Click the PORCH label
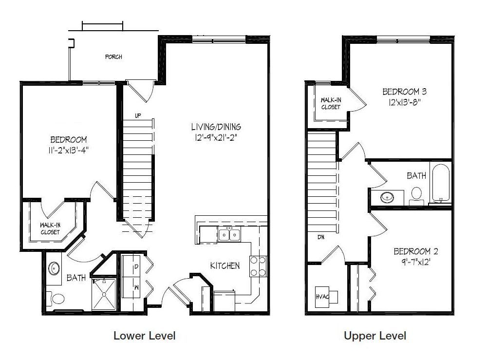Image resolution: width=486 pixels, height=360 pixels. tap(113, 57)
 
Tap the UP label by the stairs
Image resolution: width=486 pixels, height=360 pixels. tap(138, 115)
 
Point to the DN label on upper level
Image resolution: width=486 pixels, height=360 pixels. tap(321, 237)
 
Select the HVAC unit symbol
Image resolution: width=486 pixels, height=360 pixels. tap(326, 297)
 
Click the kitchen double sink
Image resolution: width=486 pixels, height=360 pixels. tap(229, 235)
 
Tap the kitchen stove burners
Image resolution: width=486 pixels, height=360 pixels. tap(258, 266)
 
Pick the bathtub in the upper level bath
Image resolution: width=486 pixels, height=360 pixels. tap(441, 183)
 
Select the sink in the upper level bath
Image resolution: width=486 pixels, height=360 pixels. tap(387, 197)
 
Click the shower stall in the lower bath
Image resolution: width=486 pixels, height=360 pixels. tap(104, 294)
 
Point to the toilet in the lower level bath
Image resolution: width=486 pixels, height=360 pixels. tap(56, 299)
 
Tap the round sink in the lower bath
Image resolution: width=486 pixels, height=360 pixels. tap(54, 268)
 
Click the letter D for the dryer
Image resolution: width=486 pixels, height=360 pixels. tap(136, 266)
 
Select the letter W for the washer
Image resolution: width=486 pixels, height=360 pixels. tap(136, 287)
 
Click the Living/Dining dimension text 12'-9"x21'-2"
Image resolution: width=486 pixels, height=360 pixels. tap(216, 137)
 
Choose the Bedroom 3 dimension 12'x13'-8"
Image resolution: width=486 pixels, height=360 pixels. tap(405, 102)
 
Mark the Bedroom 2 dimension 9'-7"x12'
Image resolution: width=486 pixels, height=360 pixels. tap(416, 262)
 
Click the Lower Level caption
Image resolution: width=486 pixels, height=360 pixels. tap(145, 336)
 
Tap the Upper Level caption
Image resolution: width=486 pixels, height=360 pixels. tap(375, 336)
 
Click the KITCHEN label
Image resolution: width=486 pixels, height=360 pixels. tap(224, 265)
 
